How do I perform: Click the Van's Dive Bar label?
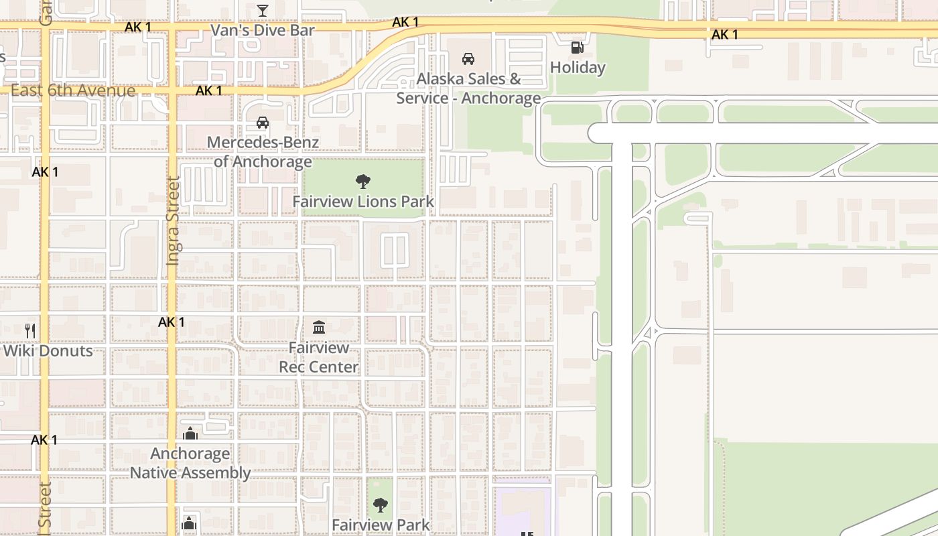pyautogui.click(x=263, y=30)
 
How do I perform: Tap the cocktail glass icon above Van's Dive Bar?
pyautogui.click(x=263, y=11)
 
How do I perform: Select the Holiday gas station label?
pyautogui.click(x=578, y=68)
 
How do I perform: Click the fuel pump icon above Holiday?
pyautogui.click(x=577, y=47)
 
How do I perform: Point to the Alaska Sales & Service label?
pyautogui.click(x=468, y=88)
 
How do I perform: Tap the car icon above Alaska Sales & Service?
pyautogui.click(x=468, y=59)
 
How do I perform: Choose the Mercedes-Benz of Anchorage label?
pyautogui.click(x=263, y=152)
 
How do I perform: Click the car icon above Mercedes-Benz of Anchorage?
pyautogui.click(x=263, y=123)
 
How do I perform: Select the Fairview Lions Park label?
pyautogui.click(x=363, y=202)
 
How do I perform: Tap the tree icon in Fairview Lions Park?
pyautogui.click(x=363, y=181)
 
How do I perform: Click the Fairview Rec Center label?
pyautogui.click(x=319, y=357)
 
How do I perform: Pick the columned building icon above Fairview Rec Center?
pyautogui.click(x=319, y=328)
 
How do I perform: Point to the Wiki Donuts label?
pyautogui.click(x=48, y=351)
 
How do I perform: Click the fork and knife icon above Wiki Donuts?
pyautogui.click(x=29, y=330)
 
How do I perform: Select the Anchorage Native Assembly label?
pyautogui.click(x=190, y=463)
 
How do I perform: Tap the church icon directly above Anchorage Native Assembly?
pyautogui.click(x=190, y=433)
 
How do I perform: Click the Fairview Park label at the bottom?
pyautogui.click(x=381, y=525)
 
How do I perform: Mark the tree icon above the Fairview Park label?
pyautogui.click(x=381, y=505)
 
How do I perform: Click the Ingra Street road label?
pyautogui.click(x=173, y=220)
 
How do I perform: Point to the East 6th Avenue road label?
pyautogui.click(x=73, y=90)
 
